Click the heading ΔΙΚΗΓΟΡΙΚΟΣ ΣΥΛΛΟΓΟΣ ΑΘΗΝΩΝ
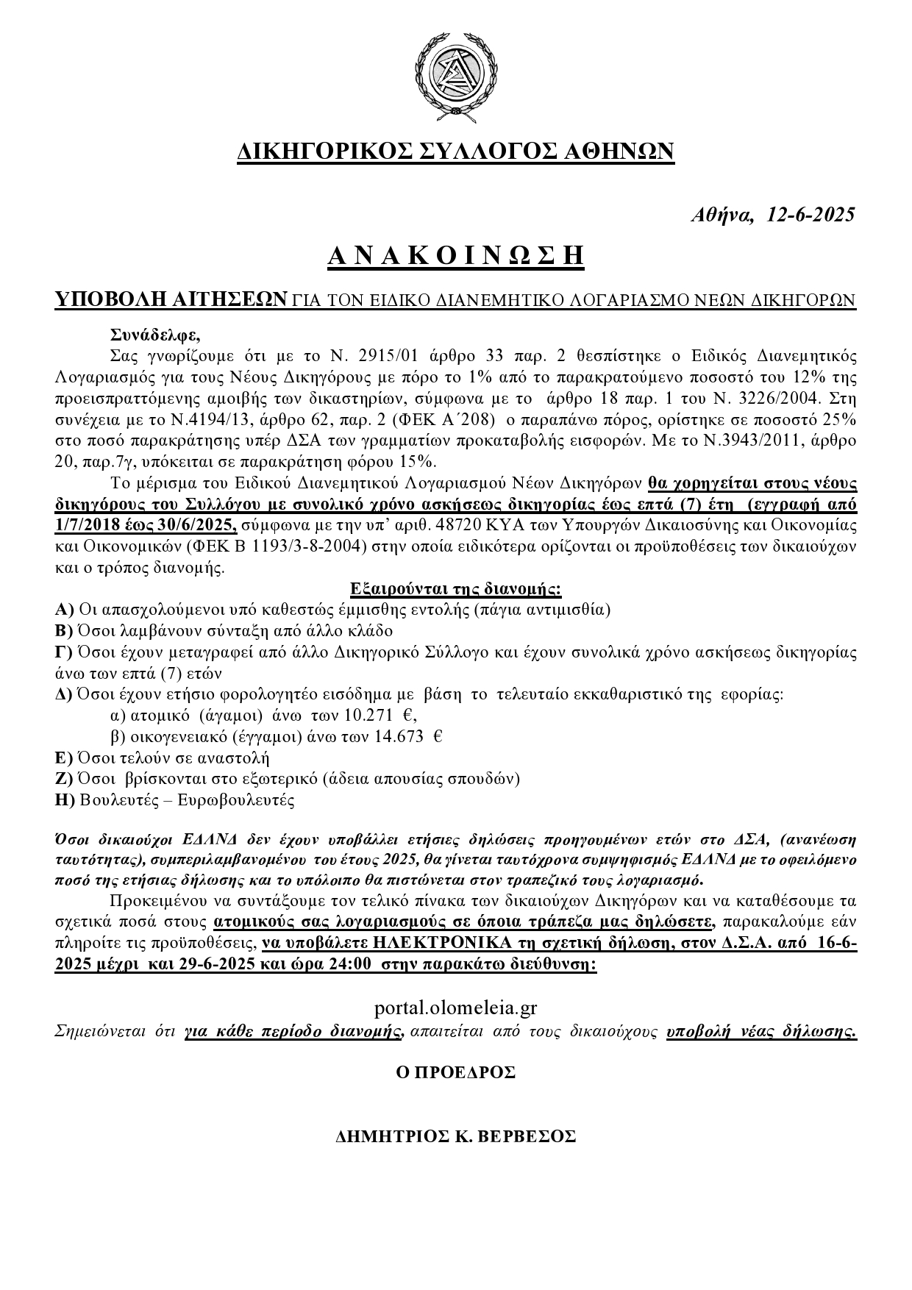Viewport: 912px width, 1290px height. click(455, 151)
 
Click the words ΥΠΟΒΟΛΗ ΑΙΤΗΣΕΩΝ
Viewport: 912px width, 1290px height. click(171, 300)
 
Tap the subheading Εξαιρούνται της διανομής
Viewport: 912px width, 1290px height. click(456, 588)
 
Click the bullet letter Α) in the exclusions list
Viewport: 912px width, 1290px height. click(65, 610)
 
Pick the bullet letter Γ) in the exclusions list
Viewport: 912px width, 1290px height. click(65, 652)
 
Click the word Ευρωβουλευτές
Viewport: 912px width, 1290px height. click(236, 801)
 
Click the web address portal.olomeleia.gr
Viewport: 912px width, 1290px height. click(456, 1007)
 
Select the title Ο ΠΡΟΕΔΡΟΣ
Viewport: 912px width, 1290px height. click(455, 1072)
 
